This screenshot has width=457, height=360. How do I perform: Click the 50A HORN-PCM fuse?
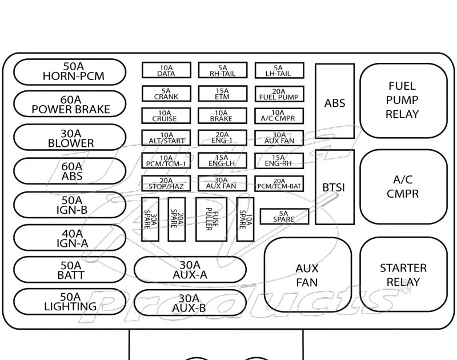[x=69, y=71]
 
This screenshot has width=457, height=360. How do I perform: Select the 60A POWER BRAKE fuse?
[x=69, y=105]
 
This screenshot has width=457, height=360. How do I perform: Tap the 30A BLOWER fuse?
[x=69, y=138]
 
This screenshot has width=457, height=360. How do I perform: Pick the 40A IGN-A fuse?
[x=69, y=237]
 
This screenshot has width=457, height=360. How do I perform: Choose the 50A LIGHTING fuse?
[x=69, y=302]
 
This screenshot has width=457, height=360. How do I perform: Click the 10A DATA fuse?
[x=166, y=70]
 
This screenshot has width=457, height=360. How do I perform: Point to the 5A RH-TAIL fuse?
[x=222, y=70]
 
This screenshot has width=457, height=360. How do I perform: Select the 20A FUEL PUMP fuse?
[x=279, y=94]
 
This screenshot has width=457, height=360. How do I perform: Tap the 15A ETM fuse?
[x=222, y=94]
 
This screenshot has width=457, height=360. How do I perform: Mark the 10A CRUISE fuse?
[x=166, y=116]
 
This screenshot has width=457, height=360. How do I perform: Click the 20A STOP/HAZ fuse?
[x=166, y=183]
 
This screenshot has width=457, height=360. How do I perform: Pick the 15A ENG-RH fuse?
[x=279, y=161]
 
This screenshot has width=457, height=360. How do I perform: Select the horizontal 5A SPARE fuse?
[x=284, y=217]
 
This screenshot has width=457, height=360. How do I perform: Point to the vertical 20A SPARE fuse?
[x=177, y=219]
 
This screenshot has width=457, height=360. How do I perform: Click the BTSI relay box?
[x=334, y=187]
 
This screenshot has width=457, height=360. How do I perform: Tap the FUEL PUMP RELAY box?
[x=403, y=101]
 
